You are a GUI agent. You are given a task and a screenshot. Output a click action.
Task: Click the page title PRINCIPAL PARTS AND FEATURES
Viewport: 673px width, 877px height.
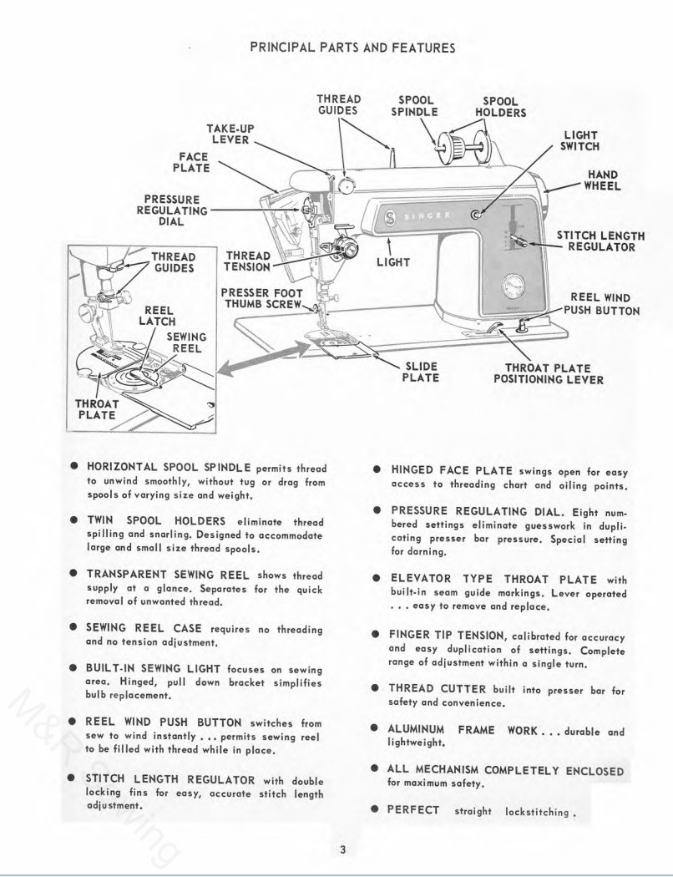pyautogui.click(x=352, y=48)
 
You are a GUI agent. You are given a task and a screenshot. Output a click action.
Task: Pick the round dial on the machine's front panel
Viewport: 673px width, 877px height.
pyautogui.click(x=513, y=288)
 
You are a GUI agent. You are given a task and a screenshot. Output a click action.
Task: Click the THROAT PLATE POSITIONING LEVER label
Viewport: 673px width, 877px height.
pyautogui.click(x=549, y=373)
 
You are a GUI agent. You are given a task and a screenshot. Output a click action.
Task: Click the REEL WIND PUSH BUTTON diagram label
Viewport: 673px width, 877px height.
pyautogui.click(x=601, y=304)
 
